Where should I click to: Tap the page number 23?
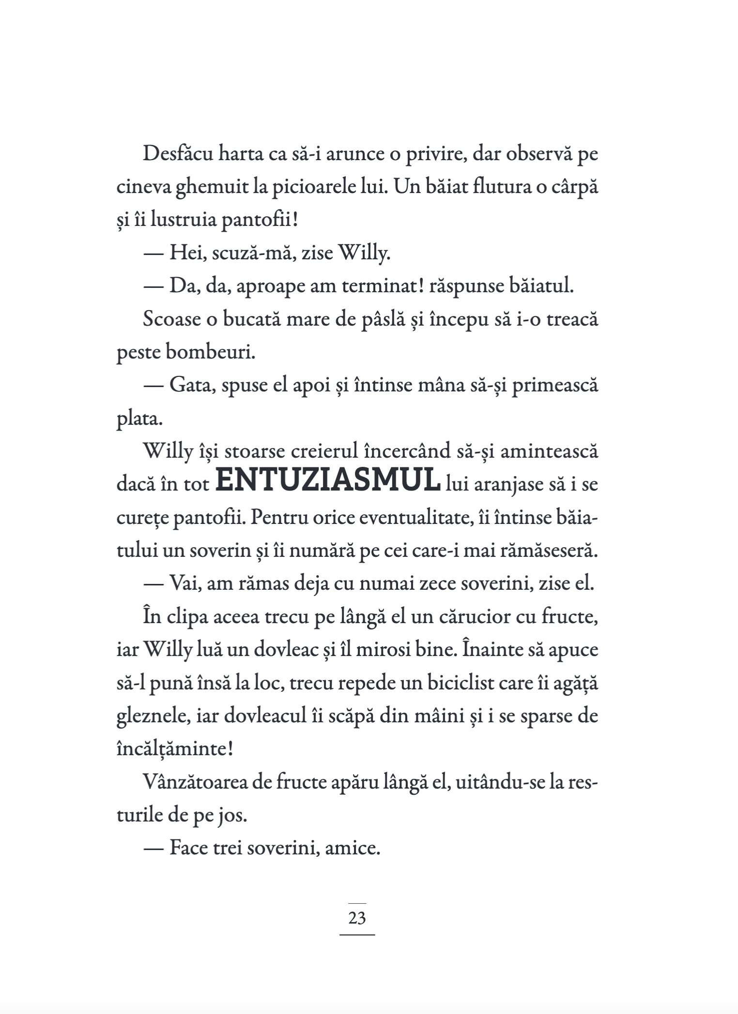(357, 918)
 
